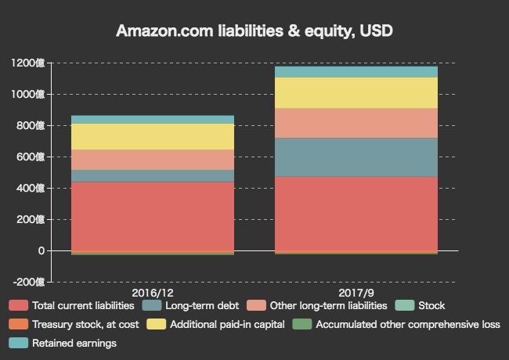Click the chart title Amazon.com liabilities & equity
[254, 31]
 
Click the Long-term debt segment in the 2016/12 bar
[153, 176]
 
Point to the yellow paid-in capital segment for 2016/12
[153, 137]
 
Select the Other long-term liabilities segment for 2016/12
[153, 160]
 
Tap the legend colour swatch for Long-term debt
[151, 305]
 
